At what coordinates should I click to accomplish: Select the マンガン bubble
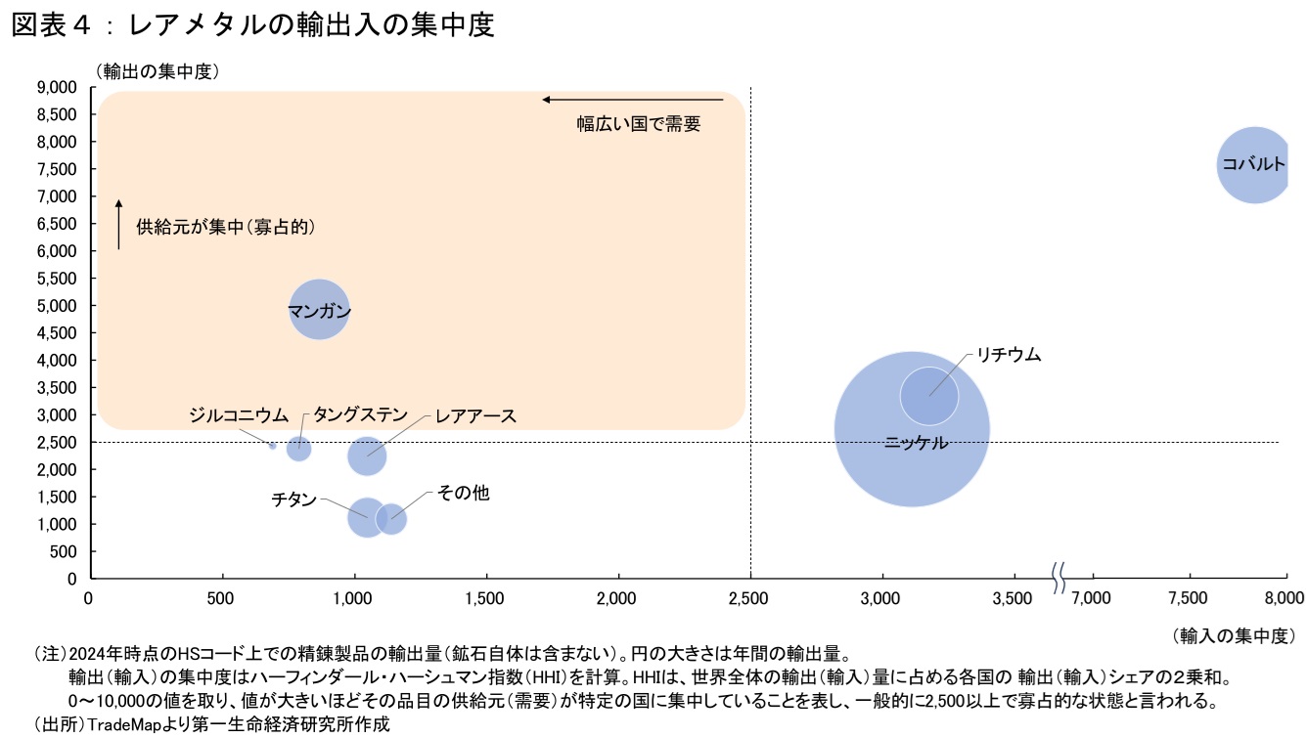[x=319, y=310]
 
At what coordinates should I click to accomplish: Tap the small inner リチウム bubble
[x=928, y=395]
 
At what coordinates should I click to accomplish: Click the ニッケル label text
[x=916, y=443]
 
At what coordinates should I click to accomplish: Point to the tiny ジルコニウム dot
[x=273, y=446]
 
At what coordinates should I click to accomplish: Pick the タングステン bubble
[x=298, y=449]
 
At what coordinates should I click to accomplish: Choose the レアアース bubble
[x=367, y=456]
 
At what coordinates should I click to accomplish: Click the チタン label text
[x=293, y=499]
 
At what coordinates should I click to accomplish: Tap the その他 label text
[x=463, y=494]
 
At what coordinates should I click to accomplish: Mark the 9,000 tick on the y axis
[x=57, y=87]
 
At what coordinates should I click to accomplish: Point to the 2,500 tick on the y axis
[x=57, y=442]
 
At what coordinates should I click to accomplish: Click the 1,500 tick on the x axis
[x=485, y=597]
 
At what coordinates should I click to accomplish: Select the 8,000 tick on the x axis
[x=1284, y=597]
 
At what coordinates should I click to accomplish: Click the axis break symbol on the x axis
[x=1058, y=578]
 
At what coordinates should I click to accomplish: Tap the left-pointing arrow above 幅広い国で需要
[x=632, y=99]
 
